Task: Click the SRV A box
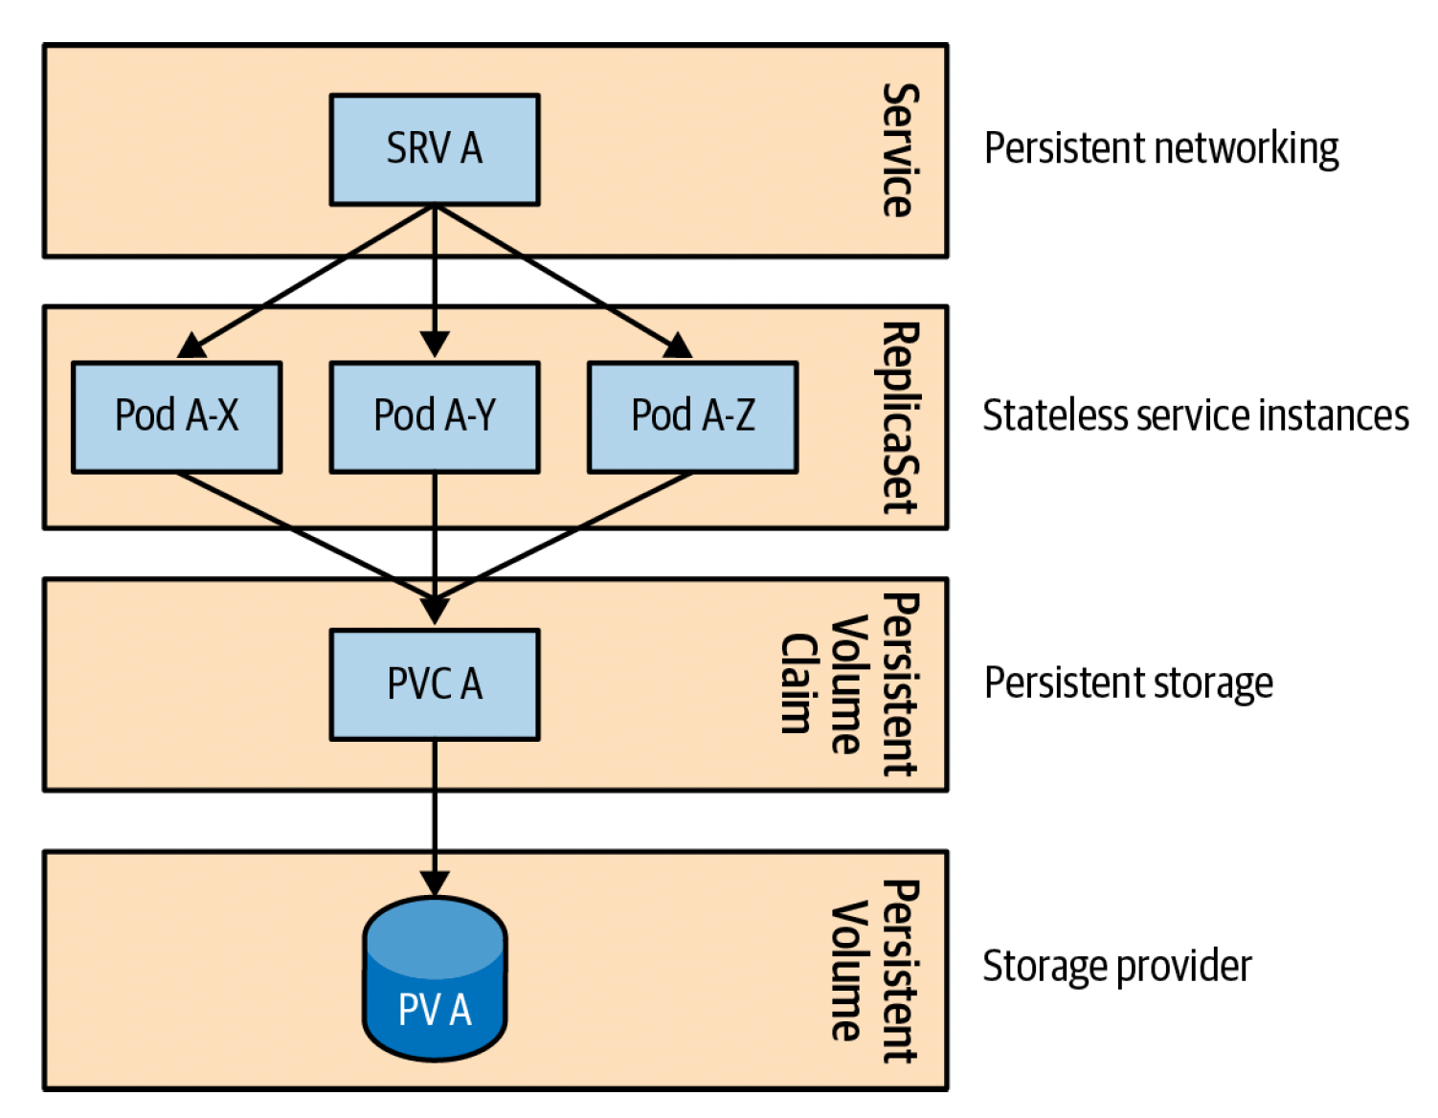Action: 435,149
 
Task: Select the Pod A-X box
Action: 176,416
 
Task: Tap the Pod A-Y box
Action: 435,416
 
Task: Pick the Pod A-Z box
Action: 692,416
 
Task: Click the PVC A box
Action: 435,684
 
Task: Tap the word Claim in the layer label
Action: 797,683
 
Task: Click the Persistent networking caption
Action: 1160,149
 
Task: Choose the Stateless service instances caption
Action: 1195,416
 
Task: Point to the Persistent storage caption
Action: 1128,683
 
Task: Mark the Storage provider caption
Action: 1116,967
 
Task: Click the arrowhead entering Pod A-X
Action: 193,347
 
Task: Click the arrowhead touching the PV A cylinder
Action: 435,883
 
